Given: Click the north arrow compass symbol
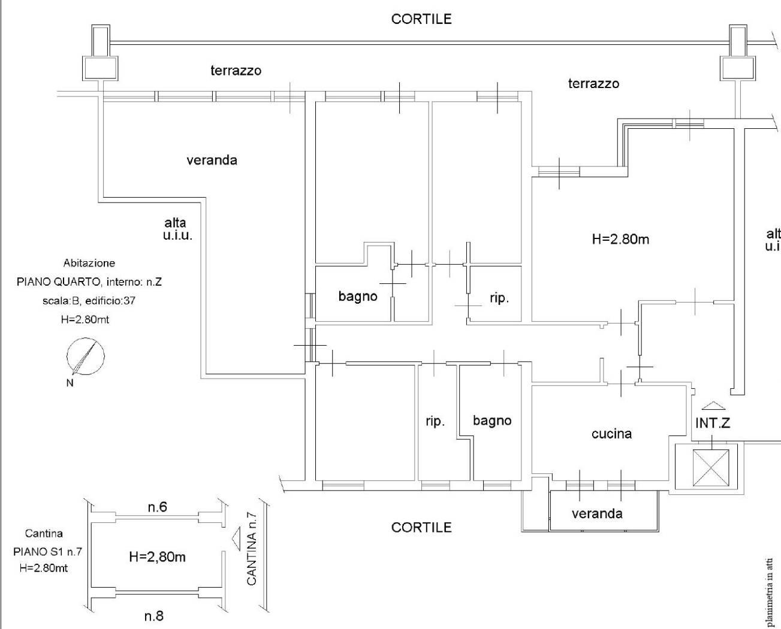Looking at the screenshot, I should coord(85,358).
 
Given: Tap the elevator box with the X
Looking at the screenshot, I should coord(711,468).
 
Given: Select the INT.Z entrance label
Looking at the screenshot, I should coord(713,423).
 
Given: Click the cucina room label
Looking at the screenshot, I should coord(611,433).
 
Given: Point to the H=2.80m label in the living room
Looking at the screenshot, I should coord(620,239).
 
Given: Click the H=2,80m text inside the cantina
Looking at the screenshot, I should coord(157,557).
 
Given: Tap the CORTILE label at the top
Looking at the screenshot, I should coord(421,19).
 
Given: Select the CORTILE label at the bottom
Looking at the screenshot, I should coord(421,527).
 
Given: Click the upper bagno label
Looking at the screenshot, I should coord(358,296).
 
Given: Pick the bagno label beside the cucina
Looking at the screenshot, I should coord(492,421).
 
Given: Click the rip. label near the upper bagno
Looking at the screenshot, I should coord(499,298).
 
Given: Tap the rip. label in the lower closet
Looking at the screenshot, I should coord(435,421).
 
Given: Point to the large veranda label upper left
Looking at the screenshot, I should coord(212,160).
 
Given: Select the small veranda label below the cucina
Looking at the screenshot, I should coord(597,513).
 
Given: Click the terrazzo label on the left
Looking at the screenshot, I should coord(236,70).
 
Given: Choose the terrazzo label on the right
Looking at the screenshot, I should coord(593,83).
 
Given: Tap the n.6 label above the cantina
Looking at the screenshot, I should coord(157,507).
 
